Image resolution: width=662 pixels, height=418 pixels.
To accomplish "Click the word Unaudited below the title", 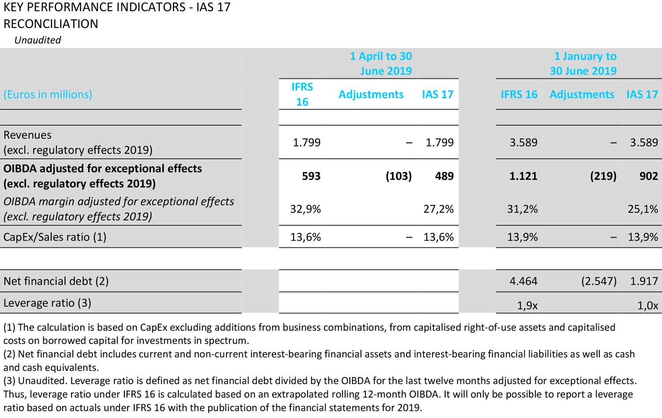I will pos(38,40).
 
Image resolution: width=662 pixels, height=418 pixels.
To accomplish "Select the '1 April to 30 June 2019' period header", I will pos(381,63).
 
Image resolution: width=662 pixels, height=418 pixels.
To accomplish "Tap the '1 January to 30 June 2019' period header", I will pos(583,63).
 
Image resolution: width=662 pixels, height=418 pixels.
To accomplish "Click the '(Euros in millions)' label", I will pos(48,94).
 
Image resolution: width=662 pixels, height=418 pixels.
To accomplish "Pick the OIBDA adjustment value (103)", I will pos(399,176).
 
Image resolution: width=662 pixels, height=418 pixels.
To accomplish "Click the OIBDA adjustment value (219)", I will pos(603,176).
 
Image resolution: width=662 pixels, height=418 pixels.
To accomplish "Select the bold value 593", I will pos(311,176).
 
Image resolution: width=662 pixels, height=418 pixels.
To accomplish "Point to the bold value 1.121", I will pos(523,176).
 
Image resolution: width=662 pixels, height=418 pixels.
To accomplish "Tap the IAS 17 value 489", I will pos(444,176).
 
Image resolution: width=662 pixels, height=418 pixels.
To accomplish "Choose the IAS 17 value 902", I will pos(648,176).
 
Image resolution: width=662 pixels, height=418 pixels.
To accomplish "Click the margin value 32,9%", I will pos(305,209).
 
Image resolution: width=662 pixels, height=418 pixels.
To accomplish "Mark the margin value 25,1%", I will pos(643,209).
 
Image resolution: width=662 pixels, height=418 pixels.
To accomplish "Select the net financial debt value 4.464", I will pos(523,281).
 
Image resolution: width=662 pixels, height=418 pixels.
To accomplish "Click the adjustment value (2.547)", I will pos(598,281).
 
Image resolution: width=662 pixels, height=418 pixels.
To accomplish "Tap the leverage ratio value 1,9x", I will pos(527,306).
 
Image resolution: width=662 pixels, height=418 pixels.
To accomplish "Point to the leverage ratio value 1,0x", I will pos(647,306).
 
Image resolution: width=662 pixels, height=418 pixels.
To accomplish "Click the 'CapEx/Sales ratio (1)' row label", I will pos(55,237).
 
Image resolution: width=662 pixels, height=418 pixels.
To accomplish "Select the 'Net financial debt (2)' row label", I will pos(56,281).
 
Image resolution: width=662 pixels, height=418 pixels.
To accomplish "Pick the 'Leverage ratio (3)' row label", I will pos(47,303).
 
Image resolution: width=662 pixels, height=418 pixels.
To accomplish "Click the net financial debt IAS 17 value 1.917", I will pos(644,281).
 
